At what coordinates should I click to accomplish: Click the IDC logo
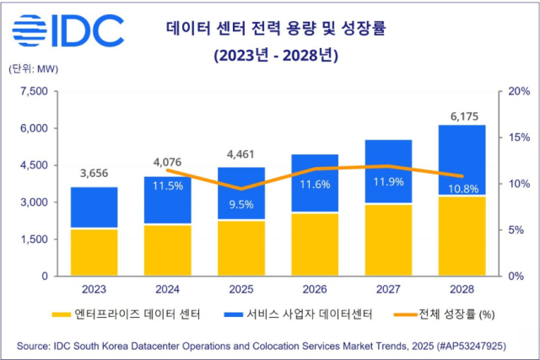(x=67, y=31)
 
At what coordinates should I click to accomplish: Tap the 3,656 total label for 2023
(x=94, y=173)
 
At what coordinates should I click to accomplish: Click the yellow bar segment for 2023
(x=94, y=251)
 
